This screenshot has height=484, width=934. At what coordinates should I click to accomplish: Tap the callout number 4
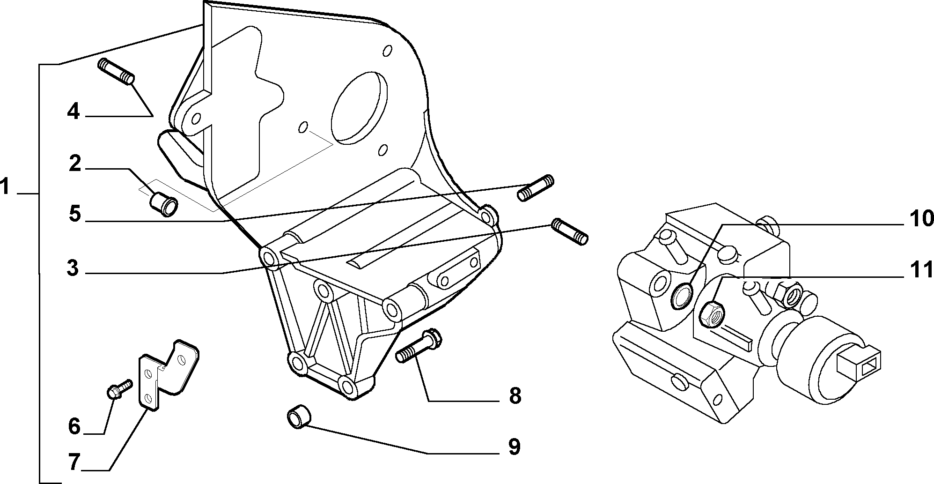[x=73, y=112]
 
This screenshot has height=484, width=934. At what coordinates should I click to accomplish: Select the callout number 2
[x=75, y=164]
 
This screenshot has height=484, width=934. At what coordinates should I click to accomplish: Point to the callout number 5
[x=74, y=215]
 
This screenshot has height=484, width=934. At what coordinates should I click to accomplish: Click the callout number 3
[x=73, y=268]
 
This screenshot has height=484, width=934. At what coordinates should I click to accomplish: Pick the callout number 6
[x=74, y=426]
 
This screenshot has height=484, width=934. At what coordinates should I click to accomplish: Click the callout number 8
[x=515, y=396]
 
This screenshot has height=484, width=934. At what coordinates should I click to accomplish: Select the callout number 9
[x=514, y=447]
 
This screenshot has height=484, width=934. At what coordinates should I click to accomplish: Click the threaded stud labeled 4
[x=116, y=73]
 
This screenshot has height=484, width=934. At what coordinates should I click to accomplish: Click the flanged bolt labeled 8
[x=419, y=347]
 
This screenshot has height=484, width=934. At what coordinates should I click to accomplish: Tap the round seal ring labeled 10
[x=682, y=296]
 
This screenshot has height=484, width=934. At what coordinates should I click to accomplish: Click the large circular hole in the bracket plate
[x=359, y=107]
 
